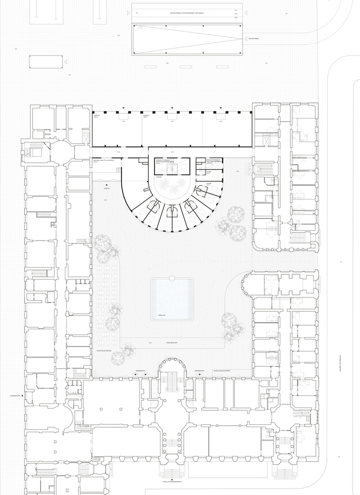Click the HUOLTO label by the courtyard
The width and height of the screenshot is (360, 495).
click(x=106, y=189)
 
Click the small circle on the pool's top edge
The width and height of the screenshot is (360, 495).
click(x=172, y=278)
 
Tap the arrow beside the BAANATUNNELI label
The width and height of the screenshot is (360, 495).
click(x=244, y=39)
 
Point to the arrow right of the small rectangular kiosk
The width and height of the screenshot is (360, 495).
click(x=65, y=62)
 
